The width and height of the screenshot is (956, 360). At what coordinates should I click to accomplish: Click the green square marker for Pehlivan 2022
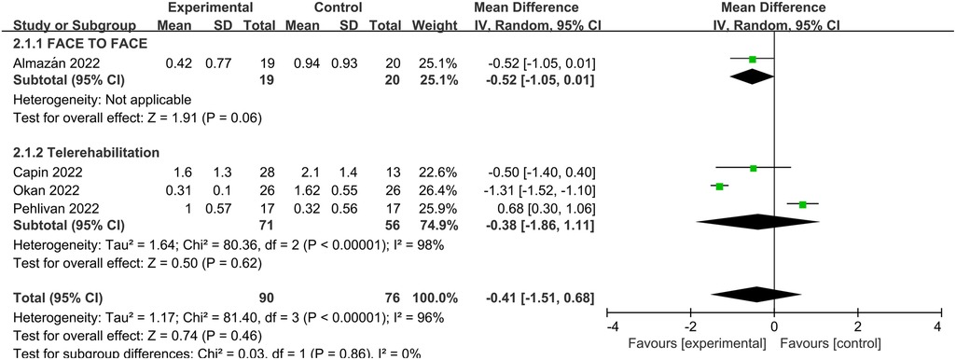tap(802, 204)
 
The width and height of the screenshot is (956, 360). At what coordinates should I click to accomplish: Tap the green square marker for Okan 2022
tap(721, 187)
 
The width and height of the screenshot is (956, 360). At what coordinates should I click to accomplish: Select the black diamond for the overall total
tap(756, 295)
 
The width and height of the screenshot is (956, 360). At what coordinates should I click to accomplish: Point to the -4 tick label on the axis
tap(612, 327)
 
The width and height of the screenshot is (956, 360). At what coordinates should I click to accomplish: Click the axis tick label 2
tap(856, 327)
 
